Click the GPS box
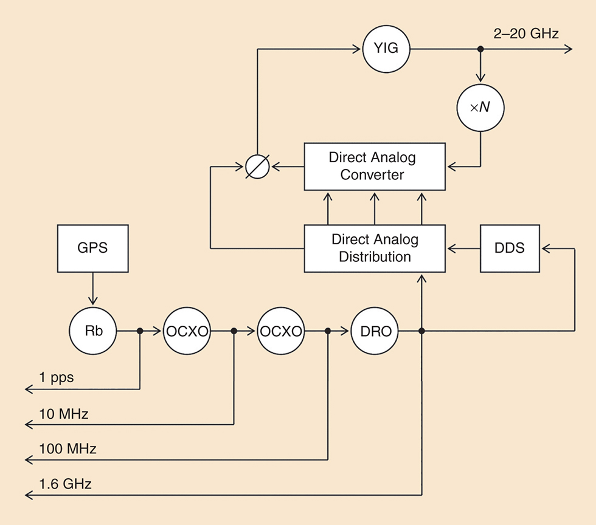(92, 248)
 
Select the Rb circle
(92, 331)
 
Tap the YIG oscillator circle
(386, 48)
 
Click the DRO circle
(375, 331)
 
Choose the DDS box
(510, 248)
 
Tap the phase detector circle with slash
(257, 166)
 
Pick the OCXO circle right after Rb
(187, 331)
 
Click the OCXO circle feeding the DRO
(280, 331)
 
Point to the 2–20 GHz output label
(526, 34)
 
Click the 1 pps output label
(57, 377)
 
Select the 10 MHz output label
(64, 414)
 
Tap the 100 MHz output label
(68, 449)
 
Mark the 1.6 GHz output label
(65, 484)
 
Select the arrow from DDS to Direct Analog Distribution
(462, 248)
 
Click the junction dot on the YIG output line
(481, 49)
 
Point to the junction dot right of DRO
(421, 331)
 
